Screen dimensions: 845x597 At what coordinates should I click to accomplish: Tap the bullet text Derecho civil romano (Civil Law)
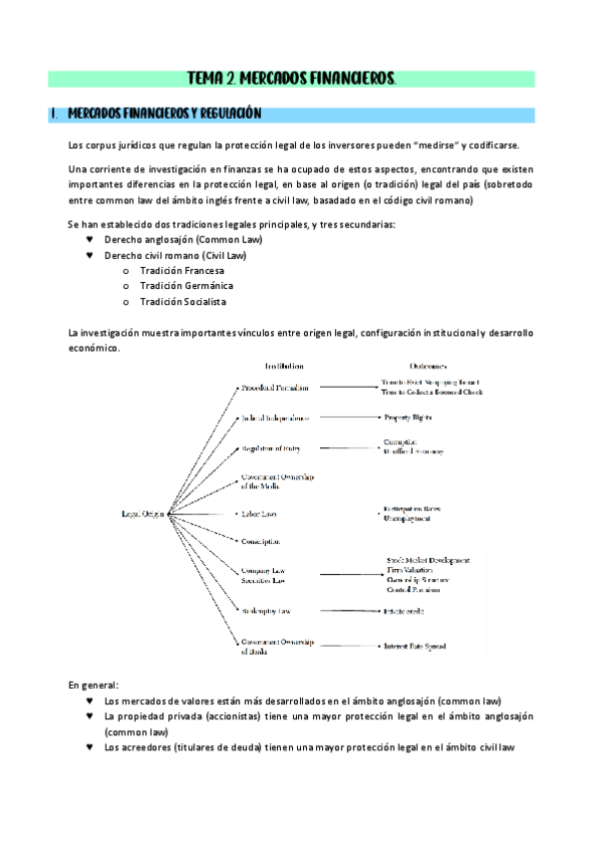[x=175, y=256]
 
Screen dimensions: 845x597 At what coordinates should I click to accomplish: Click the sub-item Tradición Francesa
[x=181, y=271]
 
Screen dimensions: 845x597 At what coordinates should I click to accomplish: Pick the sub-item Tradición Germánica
[x=184, y=286]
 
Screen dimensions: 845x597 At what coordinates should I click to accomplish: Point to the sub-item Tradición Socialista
[x=182, y=301]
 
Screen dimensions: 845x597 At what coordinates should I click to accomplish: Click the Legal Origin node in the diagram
[x=144, y=514]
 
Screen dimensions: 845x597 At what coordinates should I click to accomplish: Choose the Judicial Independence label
[x=275, y=419]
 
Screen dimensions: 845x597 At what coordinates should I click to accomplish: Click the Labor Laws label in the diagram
[x=259, y=514]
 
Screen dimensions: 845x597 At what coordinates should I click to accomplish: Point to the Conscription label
[x=261, y=541]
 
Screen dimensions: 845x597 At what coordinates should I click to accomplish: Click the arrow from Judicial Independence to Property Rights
[x=345, y=419]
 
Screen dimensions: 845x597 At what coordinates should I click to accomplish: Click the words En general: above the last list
[x=93, y=686]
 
